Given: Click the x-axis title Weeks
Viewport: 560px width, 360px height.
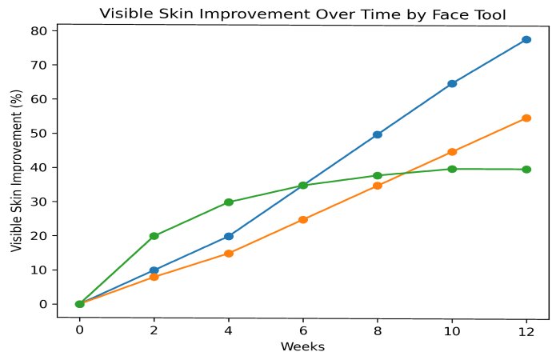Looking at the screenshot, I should [302, 346].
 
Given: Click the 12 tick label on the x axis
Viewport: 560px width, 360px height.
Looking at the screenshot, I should [526, 330].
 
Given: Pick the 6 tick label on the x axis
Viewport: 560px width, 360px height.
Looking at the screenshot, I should [303, 330].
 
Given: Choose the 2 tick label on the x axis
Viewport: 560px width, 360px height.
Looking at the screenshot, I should [154, 330].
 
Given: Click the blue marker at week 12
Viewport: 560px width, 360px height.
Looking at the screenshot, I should [526, 39].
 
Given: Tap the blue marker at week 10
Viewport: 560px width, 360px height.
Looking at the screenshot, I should [452, 83].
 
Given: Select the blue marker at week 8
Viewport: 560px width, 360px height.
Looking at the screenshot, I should [378, 134].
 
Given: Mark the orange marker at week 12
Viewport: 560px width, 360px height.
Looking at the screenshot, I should [526, 118].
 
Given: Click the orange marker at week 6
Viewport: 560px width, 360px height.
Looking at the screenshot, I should [303, 219].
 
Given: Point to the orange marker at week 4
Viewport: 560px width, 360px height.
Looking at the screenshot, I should [229, 253].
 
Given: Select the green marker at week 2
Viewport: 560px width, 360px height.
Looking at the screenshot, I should [154, 236].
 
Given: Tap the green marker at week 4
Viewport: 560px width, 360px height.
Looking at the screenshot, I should [229, 202].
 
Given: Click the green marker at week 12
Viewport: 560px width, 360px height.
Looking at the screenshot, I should [526, 170].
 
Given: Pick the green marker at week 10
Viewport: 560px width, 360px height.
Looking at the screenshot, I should [452, 169].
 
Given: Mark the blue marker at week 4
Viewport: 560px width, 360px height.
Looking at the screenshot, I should [229, 236].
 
